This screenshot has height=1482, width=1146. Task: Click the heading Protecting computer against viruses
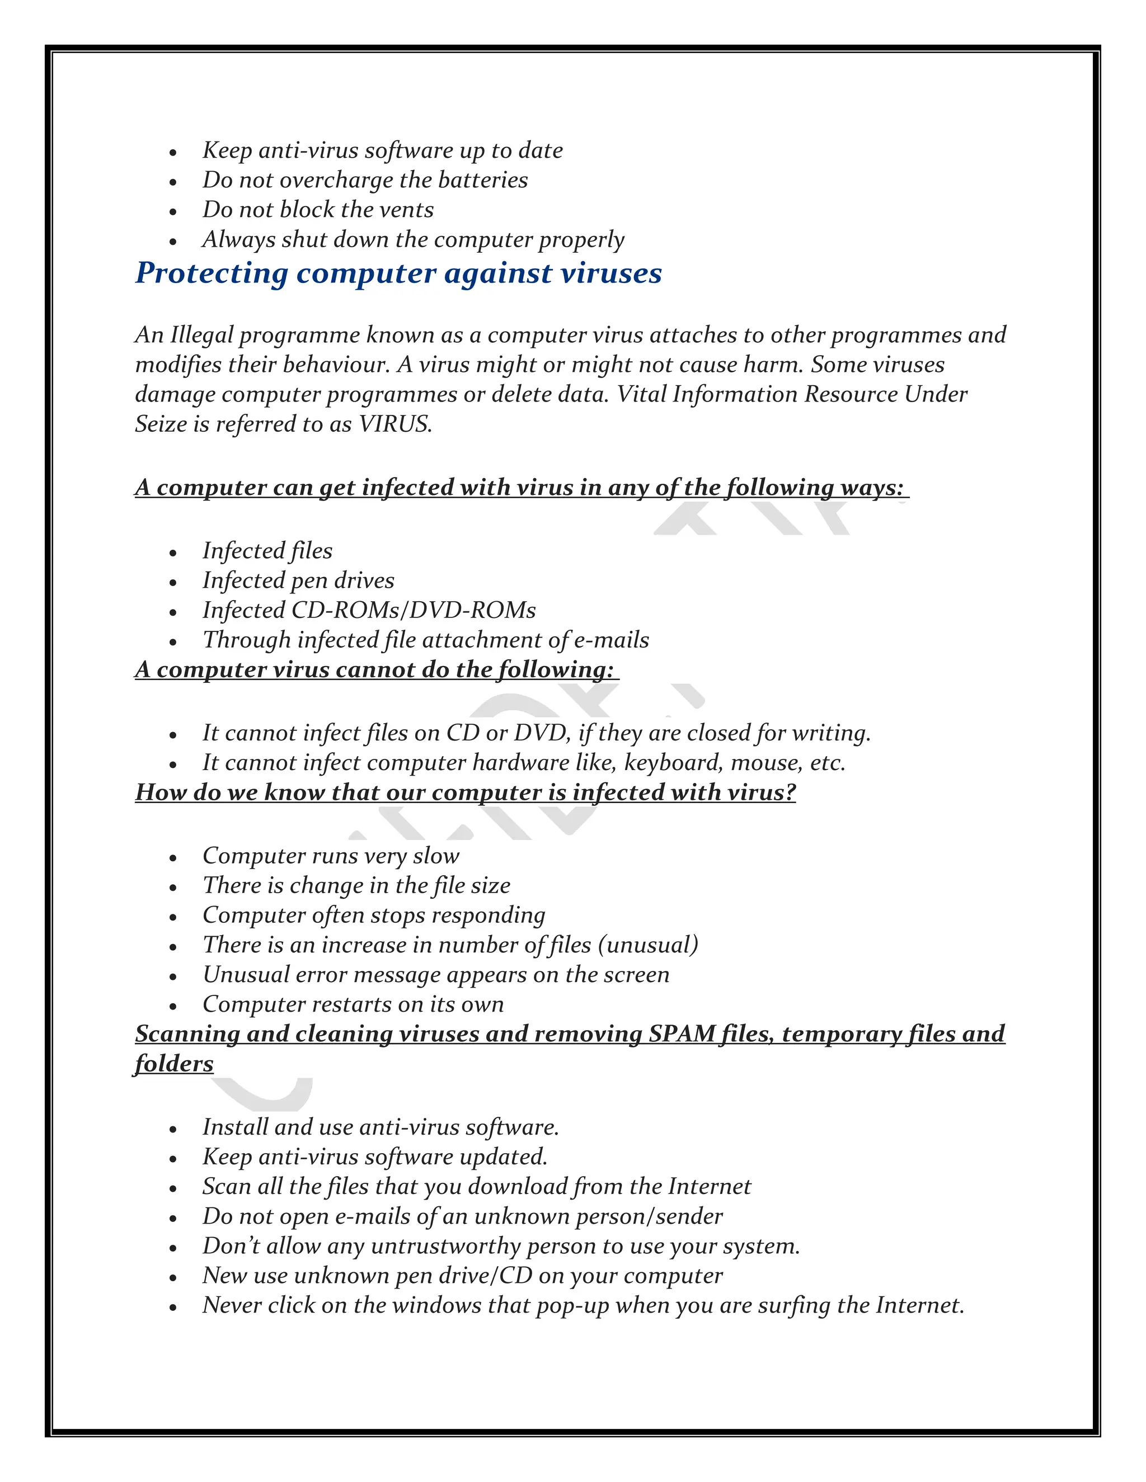pos(398,273)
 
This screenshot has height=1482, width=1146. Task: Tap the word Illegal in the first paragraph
pos(201,334)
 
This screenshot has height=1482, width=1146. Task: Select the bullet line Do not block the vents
pos(318,210)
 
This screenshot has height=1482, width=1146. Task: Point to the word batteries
pos(483,180)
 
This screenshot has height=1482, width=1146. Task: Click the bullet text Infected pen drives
pos(298,581)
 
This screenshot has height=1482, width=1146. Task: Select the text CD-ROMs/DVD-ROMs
pos(414,610)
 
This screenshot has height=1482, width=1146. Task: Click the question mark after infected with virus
pos(790,792)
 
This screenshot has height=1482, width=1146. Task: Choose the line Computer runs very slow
pos(331,856)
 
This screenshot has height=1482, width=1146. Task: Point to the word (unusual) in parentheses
pos(649,945)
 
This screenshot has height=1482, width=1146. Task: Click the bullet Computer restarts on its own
pos(353,1004)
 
